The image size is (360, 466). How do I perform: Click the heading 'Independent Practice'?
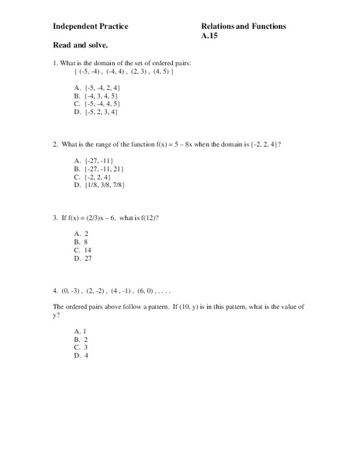(91, 26)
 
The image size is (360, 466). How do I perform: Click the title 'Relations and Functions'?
(243, 26)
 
